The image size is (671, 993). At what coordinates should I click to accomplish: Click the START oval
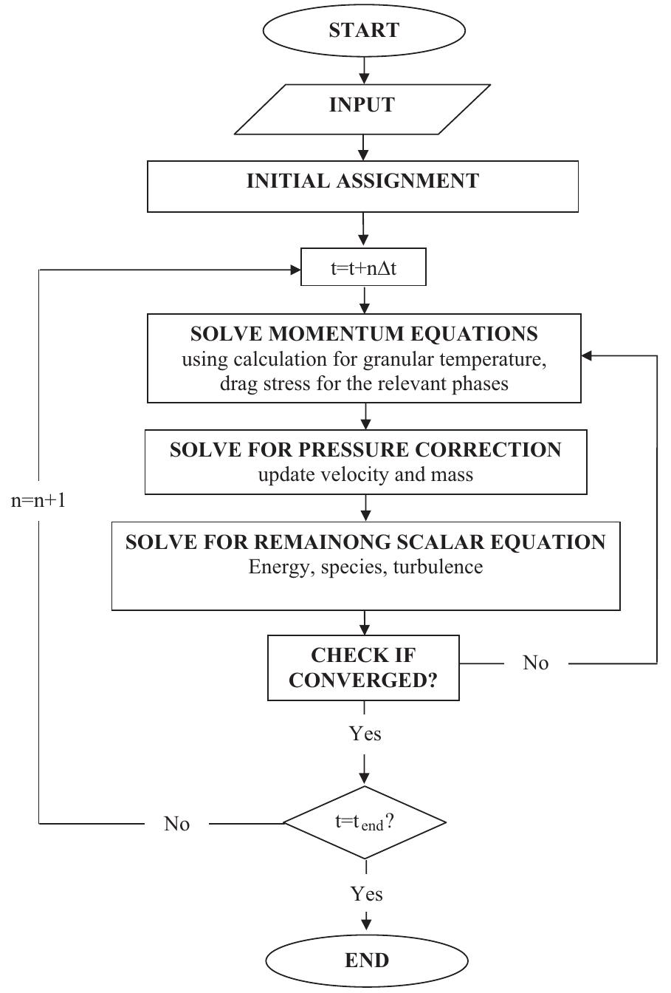click(x=364, y=30)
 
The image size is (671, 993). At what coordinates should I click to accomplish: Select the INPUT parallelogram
click(x=362, y=106)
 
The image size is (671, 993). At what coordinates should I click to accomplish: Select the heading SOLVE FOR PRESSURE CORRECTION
click(x=365, y=450)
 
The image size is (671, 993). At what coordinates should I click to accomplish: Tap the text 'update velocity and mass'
click(x=365, y=474)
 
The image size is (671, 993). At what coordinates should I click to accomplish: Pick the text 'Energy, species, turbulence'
click(x=365, y=567)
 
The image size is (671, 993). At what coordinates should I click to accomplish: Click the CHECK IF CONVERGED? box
click(x=363, y=668)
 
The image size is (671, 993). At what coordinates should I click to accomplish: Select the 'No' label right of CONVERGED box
click(x=536, y=663)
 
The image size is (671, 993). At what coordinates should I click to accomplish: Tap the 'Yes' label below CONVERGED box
click(x=365, y=733)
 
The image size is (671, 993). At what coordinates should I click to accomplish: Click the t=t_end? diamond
click(x=365, y=822)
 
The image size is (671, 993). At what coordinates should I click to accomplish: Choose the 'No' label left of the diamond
click(x=176, y=824)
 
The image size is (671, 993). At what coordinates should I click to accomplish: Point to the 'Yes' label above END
click(x=366, y=894)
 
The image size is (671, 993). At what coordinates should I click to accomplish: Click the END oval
click(x=366, y=960)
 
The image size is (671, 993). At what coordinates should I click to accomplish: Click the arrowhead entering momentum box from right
click(x=588, y=356)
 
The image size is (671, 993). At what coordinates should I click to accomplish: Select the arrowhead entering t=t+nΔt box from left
click(x=295, y=270)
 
